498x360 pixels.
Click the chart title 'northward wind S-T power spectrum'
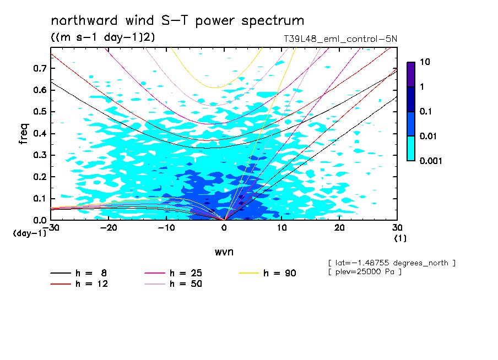[x=177, y=21]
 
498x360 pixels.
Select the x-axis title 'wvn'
[x=224, y=252]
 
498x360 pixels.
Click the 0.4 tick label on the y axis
[x=40, y=134]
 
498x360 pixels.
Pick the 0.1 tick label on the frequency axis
[x=40, y=199]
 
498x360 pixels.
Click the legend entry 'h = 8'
[x=85, y=273]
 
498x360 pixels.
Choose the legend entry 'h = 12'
[x=85, y=284]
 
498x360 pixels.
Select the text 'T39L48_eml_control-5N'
[x=337, y=40]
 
